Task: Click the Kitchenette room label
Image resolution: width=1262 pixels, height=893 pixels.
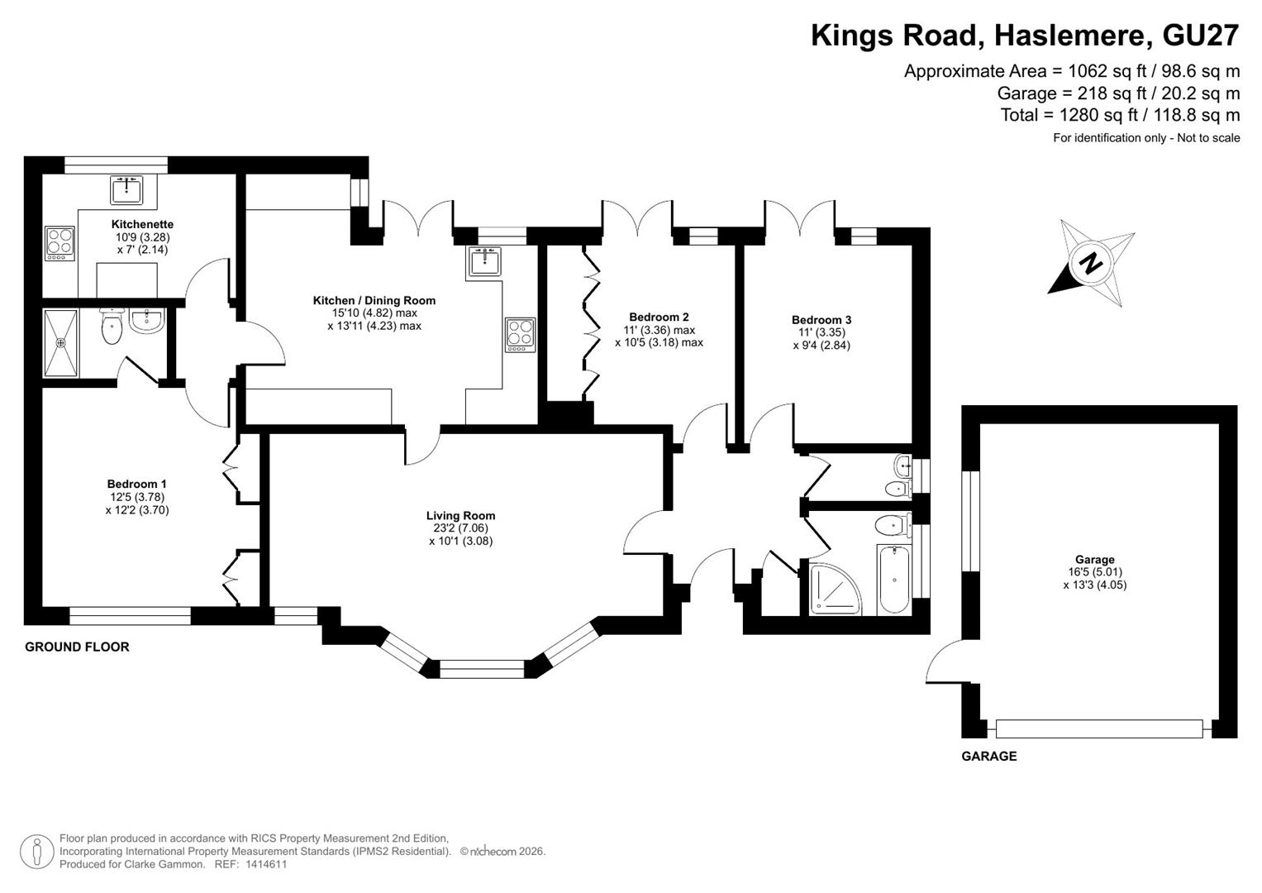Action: [142, 224]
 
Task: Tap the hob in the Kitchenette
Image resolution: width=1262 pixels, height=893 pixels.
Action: [60, 243]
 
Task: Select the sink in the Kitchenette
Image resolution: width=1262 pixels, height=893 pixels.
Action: [126, 189]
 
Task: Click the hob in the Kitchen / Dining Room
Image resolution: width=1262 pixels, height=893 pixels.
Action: [520, 335]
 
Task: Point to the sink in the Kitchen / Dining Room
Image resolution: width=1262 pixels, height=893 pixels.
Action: [484, 260]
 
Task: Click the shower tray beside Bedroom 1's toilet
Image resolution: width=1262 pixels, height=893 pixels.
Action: [61, 343]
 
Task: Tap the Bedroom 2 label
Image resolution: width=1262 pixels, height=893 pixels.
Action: [659, 317]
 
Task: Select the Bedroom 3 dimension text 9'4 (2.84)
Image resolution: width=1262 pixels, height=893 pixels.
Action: [821, 346]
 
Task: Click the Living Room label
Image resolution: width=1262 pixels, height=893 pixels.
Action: [460, 515]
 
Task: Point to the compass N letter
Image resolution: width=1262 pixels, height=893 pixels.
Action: [1092, 263]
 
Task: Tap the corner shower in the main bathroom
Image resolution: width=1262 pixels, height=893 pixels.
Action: [836, 588]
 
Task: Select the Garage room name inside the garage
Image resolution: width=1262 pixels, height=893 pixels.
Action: [1095, 559]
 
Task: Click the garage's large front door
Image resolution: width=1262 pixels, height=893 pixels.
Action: [1099, 729]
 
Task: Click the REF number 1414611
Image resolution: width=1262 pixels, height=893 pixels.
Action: [266, 864]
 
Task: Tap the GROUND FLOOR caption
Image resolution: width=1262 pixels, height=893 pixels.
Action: [77, 647]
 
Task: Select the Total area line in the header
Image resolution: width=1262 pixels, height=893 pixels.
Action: [1120, 115]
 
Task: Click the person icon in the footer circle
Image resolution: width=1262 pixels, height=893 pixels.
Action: [37, 852]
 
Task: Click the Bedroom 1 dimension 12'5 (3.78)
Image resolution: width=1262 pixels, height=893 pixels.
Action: [137, 497]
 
